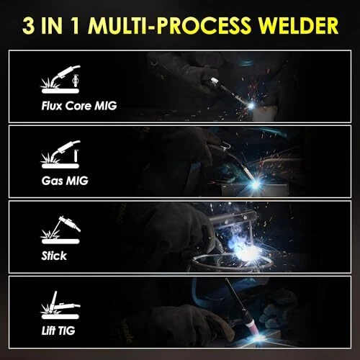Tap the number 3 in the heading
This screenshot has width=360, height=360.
click(x=28, y=25)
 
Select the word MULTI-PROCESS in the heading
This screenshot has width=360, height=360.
click(x=170, y=25)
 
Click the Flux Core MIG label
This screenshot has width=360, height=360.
click(x=79, y=106)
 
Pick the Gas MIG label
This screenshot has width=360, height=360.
click(x=65, y=181)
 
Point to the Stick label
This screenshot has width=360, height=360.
click(x=54, y=256)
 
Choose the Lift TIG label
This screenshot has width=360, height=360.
click(x=58, y=330)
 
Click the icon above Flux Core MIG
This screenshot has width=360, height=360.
click(x=60, y=79)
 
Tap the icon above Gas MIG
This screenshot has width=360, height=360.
click(x=60, y=154)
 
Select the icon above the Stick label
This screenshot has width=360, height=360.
click(x=60, y=230)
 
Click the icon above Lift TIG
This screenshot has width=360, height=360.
click(x=60, y=305)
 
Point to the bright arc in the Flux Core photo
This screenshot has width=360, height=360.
click(x=251, y=106)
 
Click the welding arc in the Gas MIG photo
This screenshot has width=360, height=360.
click(x=256, y=184)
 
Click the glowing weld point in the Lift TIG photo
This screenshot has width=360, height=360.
click(x=258, y=338)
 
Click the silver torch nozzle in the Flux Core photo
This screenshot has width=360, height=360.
click(x=215, y=81)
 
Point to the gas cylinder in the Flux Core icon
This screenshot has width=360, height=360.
click(x=76, y=81)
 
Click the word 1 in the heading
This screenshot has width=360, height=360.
click(x=76, y=25)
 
